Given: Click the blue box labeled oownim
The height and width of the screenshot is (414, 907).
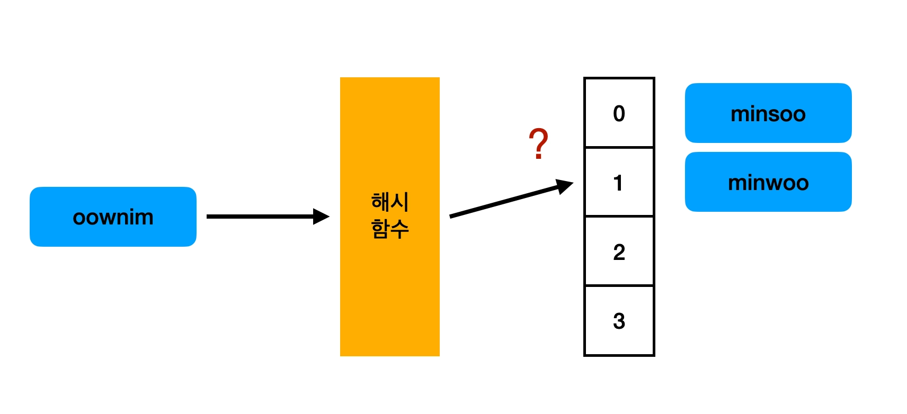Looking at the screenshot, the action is pyautogui.click(x=113, y=217).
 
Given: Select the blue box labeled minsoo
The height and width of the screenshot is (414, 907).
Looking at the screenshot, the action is pyautogui.click(x=768, y=113).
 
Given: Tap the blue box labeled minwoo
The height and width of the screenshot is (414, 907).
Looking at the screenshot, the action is pyautogui.click(x=768, y=182).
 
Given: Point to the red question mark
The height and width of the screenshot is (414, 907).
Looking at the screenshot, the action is pyautogui.click(x=538, y=143).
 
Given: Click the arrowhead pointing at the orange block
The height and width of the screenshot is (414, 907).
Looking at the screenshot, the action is pyautogui.click(x=321, y=217).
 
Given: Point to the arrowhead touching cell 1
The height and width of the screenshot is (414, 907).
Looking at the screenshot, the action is pyautogui.click(x=565, y=186).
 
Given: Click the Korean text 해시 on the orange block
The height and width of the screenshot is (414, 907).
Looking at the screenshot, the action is pyautogui.click(x=389, y=202).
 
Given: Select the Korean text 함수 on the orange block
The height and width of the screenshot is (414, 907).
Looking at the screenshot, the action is pyautogui.click(x=389, y=229).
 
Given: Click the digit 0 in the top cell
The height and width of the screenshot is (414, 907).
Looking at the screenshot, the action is pyautogui.click(x=619, y=114).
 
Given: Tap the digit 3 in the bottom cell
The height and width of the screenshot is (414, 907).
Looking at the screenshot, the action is pyautogui.click(x=619, y=321).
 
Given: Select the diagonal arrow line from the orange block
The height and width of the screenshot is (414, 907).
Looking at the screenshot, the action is pyautogui.click(x=503, y=202).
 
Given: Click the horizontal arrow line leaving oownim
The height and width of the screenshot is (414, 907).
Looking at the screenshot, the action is pyautogui.click(x=260, y=217).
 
